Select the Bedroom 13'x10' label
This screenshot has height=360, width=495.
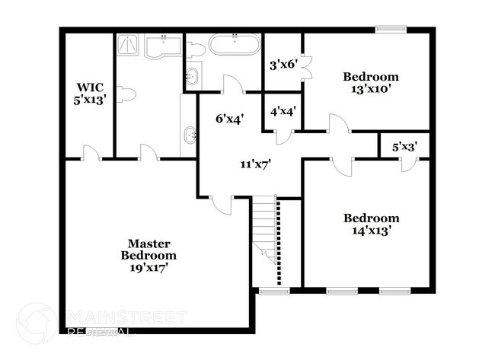[371, 83]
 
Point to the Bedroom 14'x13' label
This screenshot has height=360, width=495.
[371, 224]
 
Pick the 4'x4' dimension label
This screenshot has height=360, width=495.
[283, 111]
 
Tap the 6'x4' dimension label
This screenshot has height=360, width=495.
[229, 118]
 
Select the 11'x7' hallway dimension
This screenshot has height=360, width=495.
[255, 162]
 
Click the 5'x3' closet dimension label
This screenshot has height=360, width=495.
[404, 146]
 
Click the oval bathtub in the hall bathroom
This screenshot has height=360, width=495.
[235, 44]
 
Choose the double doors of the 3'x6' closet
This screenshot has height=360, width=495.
[306, 68]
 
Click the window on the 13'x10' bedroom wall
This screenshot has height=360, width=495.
[388, 30]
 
